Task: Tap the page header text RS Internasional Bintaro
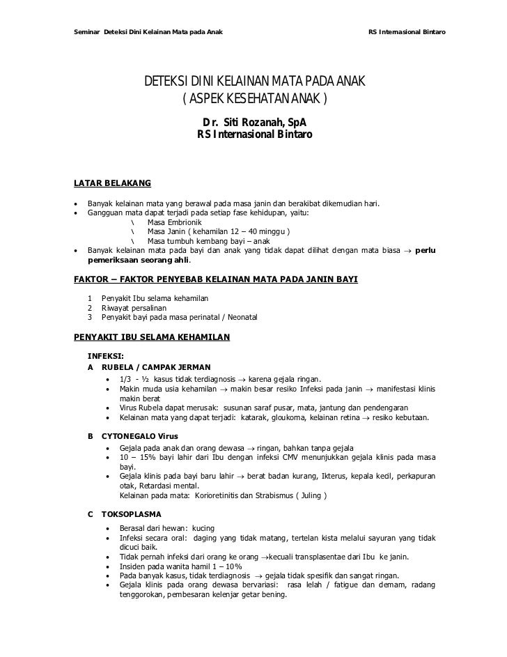click(407, 33)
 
